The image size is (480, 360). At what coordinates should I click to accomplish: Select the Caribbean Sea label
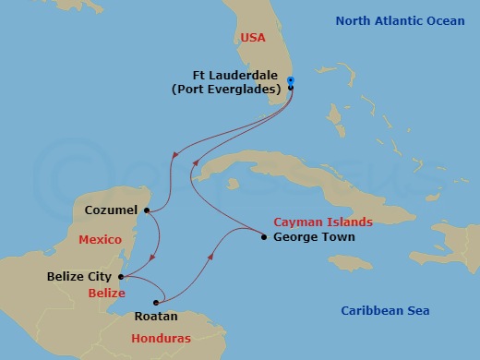[385, 311]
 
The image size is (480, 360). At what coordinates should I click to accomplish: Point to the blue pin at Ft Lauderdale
[291, 81]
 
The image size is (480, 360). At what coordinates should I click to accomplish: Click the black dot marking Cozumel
[146, 210]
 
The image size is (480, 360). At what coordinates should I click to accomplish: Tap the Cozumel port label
[110, 210]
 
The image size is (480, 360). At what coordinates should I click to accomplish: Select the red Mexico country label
[100, 240]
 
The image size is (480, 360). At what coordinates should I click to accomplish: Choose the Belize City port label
[79, 276]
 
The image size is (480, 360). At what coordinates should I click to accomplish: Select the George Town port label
[307, 237]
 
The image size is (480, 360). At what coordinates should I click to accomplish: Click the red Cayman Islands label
[323, 222]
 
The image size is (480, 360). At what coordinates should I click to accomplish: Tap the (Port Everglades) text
[237, 90]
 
